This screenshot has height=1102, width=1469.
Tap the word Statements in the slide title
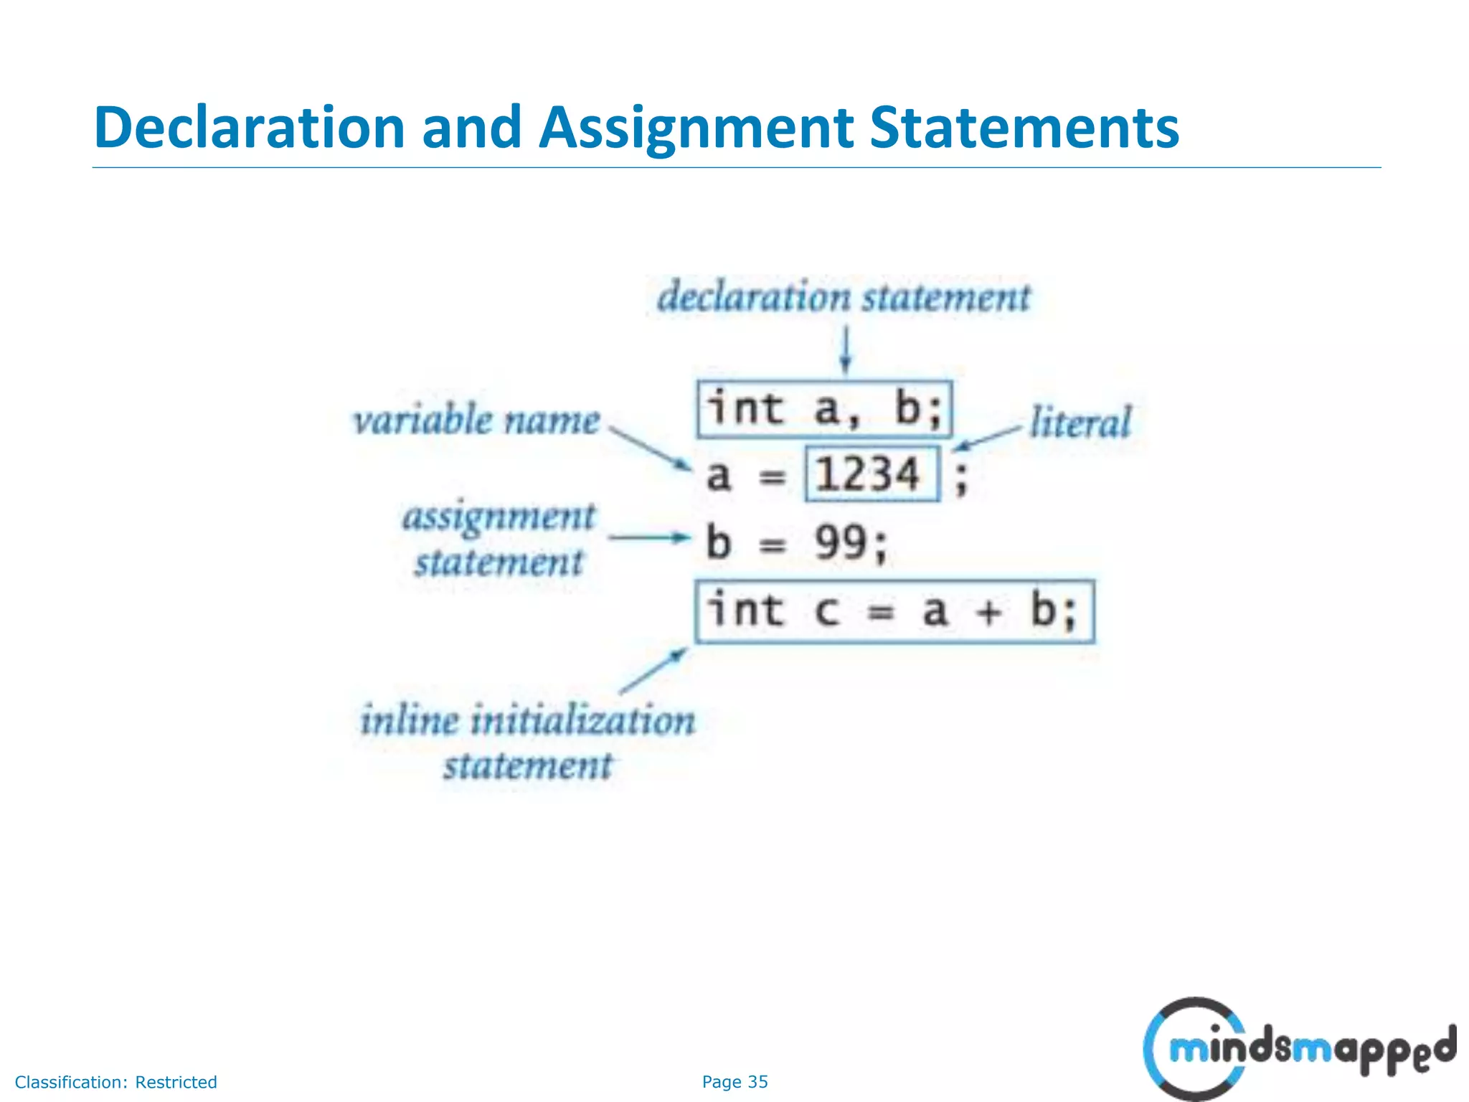point(1024,128)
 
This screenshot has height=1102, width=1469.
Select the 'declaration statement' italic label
point(844,297)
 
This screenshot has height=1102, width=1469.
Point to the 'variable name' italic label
point(476,420)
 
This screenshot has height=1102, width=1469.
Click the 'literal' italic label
point(1080,423)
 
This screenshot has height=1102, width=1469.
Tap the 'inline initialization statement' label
point(528,742)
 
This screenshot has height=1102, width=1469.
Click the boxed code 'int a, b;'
point(824,410)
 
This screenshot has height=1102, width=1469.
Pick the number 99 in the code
point(840,542)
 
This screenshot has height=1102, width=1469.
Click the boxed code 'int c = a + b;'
point(894,611)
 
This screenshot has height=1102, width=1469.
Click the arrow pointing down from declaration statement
point(846,349)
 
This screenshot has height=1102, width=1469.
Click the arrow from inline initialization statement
point(653,670)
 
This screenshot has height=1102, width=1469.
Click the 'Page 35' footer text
point(734,1082)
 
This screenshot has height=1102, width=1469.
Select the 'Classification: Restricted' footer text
point(115,1082)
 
